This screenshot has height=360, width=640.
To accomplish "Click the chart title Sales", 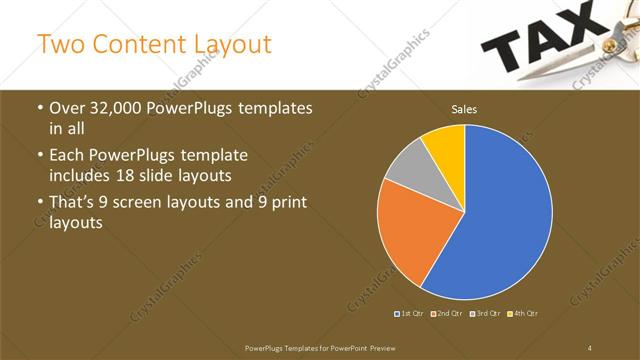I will click(x=464, y=109).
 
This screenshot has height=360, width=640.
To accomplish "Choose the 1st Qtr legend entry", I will click(x=409, y=314).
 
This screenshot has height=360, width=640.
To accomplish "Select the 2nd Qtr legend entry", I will click(x=446, y=314).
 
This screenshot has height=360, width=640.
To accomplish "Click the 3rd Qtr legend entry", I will click(x=484, y=314).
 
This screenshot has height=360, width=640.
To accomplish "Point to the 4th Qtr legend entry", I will click(x=522, y=314).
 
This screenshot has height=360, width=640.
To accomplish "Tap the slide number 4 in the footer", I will click(x=590, y=346).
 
